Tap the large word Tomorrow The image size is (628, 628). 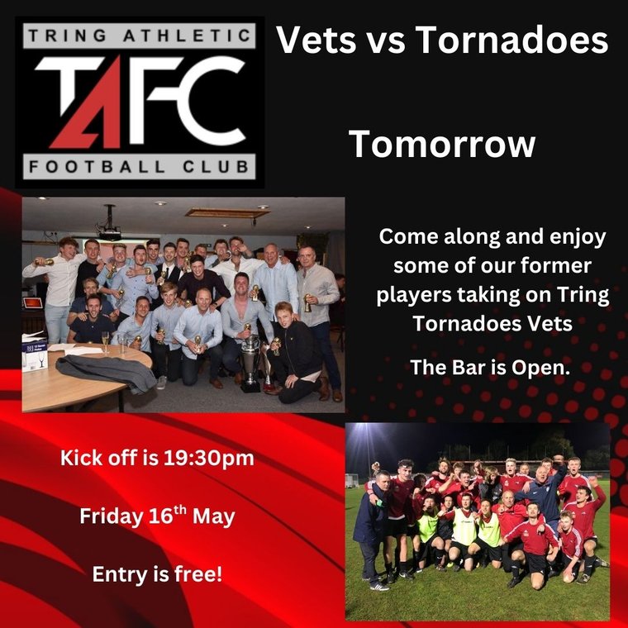(442, 144)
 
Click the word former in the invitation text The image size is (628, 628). (565, 266)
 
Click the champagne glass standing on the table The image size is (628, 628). (105, 341)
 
